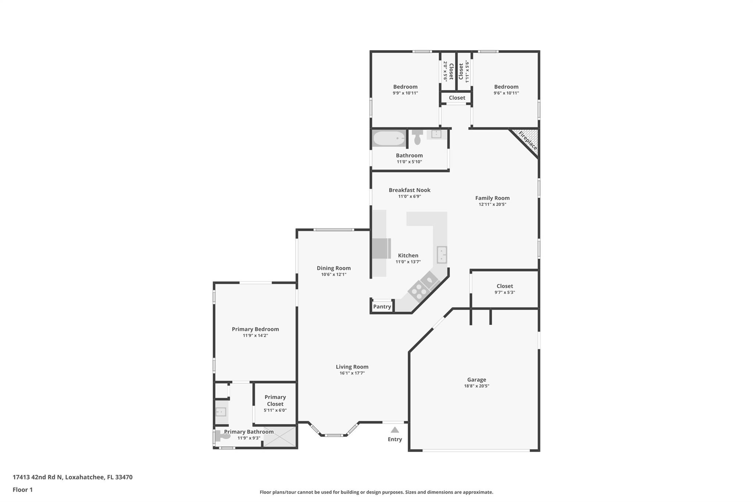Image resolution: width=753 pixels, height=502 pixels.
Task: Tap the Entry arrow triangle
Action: [x=395, y=430]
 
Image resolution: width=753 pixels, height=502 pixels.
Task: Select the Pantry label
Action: [x=382, y=306]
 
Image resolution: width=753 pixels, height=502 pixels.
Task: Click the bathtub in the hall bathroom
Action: [x=389, y=139]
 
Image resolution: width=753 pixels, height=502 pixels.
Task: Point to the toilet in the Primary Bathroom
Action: [x=222, y=436]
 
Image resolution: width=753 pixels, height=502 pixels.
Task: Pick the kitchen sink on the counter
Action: [x=442, y=255]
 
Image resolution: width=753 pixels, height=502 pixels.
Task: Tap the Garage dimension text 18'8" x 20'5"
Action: [x=477, y=386]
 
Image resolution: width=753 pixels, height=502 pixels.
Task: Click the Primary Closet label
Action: [x=275, y=400]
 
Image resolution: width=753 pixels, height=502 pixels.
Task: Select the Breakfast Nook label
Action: [x=409, y=190]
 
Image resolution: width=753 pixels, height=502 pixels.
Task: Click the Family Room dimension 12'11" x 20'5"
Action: [x=492, y=204]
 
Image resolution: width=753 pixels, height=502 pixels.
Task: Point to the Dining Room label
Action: [x=333, y=268]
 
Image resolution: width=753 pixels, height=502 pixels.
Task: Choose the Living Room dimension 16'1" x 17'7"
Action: [x=352, y=373]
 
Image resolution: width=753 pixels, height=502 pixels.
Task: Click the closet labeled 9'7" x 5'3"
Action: [x=504, y=289]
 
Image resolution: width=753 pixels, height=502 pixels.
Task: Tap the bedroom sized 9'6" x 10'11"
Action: [x=506, y=89]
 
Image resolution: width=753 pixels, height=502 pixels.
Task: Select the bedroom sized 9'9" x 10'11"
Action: [x=405, y=89]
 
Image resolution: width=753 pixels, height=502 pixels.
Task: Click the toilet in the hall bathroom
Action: [x=417, y=138]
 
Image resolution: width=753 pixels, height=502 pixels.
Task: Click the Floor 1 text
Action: [x=23, y=489]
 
